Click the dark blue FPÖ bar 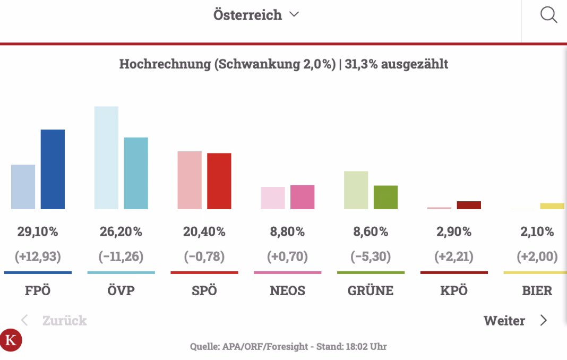click(53, 169)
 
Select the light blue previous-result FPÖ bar click(23, 186)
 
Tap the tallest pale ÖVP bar click(106, 157)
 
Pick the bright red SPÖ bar click(219, 181)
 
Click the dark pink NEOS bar click(302, 196)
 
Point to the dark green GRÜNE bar click(385, 197)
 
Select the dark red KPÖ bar click(469, 205)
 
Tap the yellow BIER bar click(552, 206)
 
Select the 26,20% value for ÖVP click(121, 232)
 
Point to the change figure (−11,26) click(121, 257)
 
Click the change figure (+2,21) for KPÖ click(454, 257)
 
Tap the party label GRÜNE click(371, 291)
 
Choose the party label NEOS click(287, 291)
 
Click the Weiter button click(514, 321)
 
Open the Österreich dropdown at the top click(255, 15)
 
